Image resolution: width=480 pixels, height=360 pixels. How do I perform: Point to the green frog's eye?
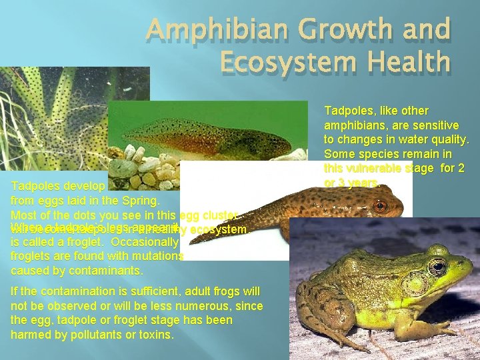[437, 267]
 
